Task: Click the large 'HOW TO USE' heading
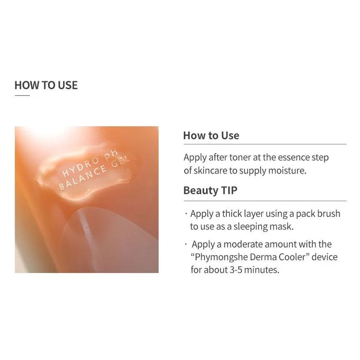coord(46,85)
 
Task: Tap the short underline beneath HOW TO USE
coord(22,95)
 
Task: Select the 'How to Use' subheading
coord(211,135)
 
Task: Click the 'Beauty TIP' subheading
coord(210,190)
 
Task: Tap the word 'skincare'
coord(211,171)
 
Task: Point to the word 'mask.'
coord(282,226)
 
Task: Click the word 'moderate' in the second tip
coord(244,244)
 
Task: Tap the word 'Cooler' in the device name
coord(292,257)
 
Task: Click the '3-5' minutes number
coord(236,270)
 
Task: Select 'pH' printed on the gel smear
coord(111,154)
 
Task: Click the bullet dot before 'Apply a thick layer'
coord(186,213)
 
